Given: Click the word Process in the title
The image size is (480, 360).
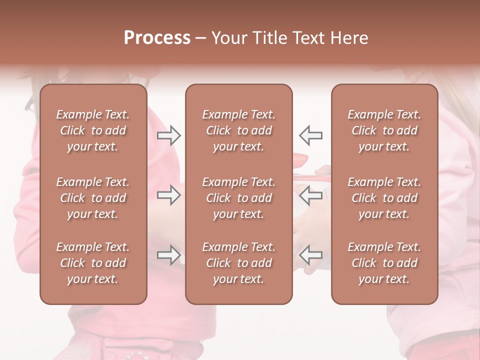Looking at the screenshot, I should point(157,38).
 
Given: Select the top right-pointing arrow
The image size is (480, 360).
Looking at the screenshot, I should point(169,135).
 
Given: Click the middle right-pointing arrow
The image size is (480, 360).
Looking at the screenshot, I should point(169,195).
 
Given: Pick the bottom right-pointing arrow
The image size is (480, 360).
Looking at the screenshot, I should point(169,255).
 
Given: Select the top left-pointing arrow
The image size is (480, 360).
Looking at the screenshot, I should point(310,135).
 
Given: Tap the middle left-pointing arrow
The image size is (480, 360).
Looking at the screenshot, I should point(310,195).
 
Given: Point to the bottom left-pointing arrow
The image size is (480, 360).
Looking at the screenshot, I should point(310,255).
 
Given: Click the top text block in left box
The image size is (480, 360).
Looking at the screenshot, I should point(93,130).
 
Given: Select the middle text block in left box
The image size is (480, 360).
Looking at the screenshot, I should point(93,198).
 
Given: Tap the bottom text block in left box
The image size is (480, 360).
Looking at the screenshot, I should point(93,263).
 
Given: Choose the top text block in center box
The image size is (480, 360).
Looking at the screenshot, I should point(239,130).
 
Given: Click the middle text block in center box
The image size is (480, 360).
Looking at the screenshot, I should point(239,198).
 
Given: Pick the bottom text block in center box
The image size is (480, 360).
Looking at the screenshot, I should point(239,263).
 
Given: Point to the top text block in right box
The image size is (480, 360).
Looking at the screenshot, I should point(384,130).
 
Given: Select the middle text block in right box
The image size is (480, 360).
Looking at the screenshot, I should point(384,198).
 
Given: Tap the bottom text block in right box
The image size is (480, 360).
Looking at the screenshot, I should point(384,263).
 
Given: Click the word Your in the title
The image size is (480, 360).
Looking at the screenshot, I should point(227,38).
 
